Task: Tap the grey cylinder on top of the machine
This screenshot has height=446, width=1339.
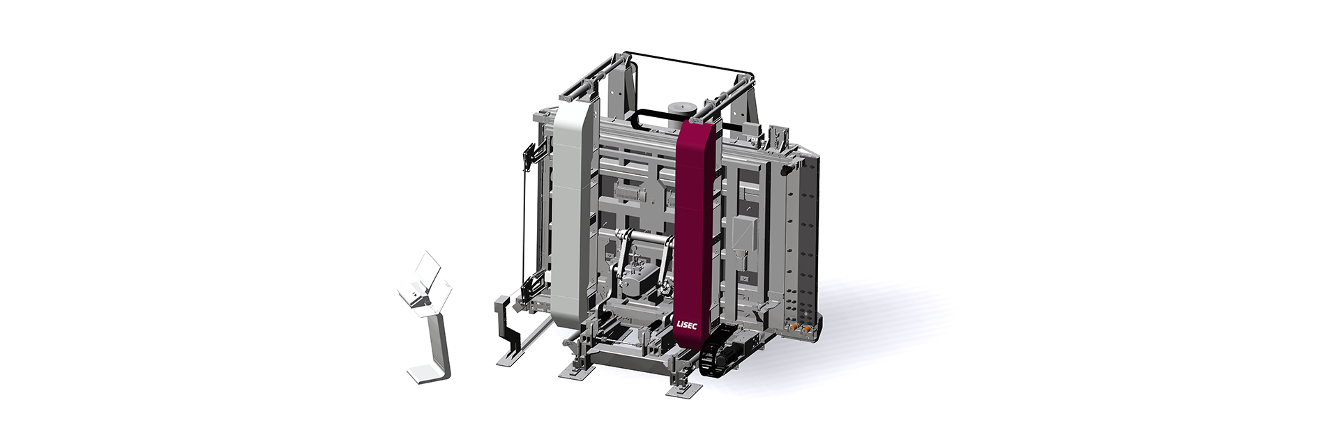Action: coord(681,111)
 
